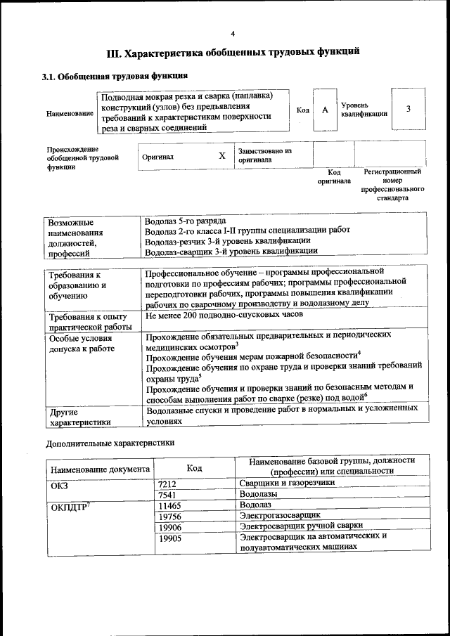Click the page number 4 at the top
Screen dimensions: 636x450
click(x=233, y=34)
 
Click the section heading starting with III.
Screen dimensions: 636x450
click(x=233, y=53)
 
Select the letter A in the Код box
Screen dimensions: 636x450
click(x=325, y=110)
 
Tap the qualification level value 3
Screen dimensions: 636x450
click(x=408, y=109)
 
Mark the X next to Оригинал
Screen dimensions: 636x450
click(x=221, y=156)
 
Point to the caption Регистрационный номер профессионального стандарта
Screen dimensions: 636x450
click(x=392, y=185)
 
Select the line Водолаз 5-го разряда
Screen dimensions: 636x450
click(x=185, y=221)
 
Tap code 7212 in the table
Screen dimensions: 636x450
click(x=167, y=484)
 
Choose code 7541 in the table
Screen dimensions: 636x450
click(x=167, y=495)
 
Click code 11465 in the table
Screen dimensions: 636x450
click(x=169, y=505)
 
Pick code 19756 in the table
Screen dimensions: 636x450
click(x=169, y=516)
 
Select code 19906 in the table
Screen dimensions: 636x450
click(x=169, y=526)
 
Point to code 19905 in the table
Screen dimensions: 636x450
click(x=169, y=537)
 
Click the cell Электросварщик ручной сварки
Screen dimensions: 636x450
click(x=301, y=526)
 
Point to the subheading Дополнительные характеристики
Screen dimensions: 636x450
click(x=110, y=443)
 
